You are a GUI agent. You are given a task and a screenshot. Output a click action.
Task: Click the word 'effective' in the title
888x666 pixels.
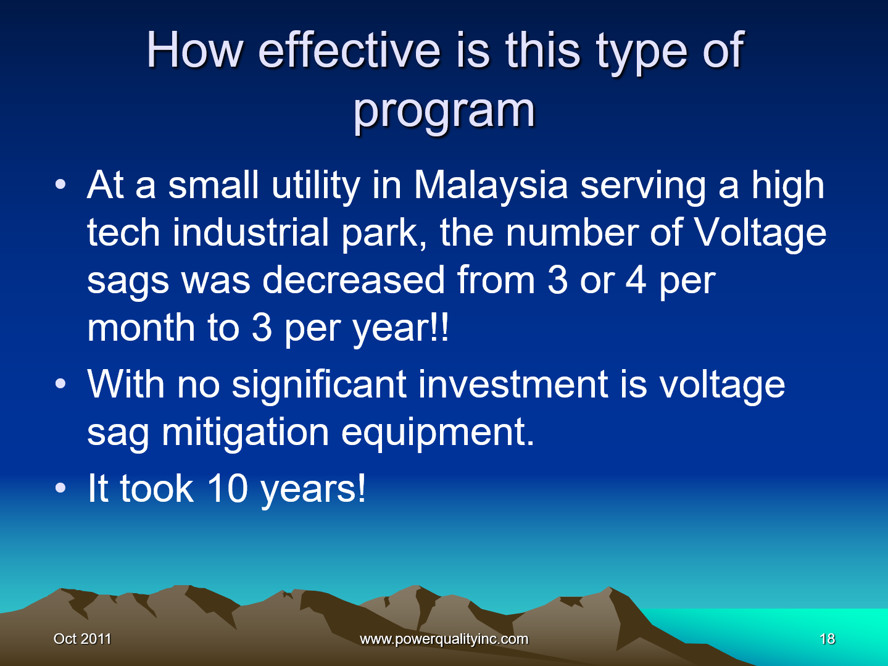pos(349,51)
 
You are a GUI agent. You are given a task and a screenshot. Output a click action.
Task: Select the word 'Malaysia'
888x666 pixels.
pos(491,185)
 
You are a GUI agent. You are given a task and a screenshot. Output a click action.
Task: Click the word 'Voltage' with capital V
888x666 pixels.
pos(760,233)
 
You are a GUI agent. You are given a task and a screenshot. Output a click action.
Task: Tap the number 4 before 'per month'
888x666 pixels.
pos(636,281)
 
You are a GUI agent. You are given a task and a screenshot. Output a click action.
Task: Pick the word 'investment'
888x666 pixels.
pos(513,385)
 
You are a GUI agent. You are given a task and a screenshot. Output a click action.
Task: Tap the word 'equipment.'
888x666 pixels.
pos(438,433)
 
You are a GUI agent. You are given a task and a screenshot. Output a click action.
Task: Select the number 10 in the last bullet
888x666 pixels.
pos(226,489)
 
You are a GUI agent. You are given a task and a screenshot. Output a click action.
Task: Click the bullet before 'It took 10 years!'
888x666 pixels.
pos(60,489)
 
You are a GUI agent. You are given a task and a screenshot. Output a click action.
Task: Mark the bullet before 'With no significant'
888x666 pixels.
pos(60,385)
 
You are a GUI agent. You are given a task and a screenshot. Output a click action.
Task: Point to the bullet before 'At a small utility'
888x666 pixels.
pos(60,185)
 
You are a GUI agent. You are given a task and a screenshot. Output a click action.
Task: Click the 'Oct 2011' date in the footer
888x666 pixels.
pos(82,639)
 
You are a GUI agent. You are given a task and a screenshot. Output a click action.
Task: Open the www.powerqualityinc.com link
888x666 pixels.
pos(444,639)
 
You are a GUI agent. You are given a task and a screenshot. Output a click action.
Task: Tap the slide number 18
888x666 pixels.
pos(827,639)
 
